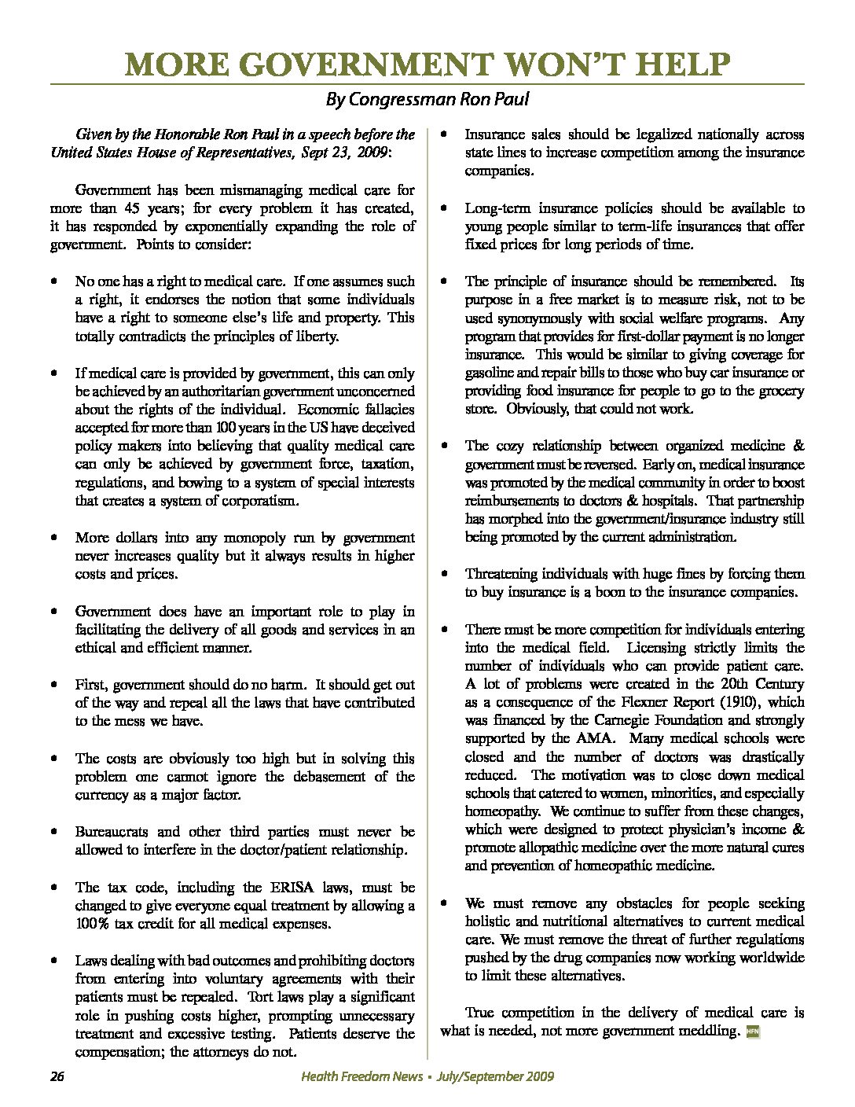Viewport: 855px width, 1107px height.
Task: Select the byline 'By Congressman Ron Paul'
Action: point(427,100)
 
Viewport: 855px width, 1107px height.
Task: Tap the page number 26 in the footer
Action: point(57,1076)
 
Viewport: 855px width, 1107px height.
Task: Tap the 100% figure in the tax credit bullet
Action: point(94,924)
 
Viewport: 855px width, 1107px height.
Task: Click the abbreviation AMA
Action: point(593,739)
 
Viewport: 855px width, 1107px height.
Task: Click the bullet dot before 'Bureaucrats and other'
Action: point(53,832)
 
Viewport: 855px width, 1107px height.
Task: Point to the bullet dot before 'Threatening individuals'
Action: point(444,575)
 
